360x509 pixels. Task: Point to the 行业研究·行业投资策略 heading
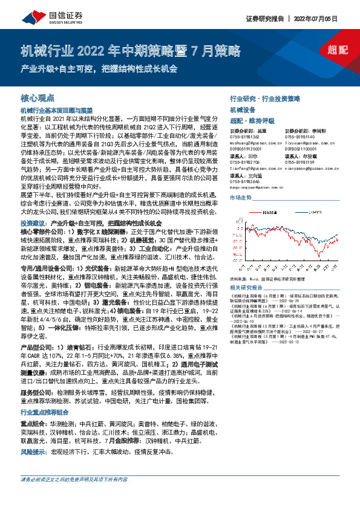click(265, 98)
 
